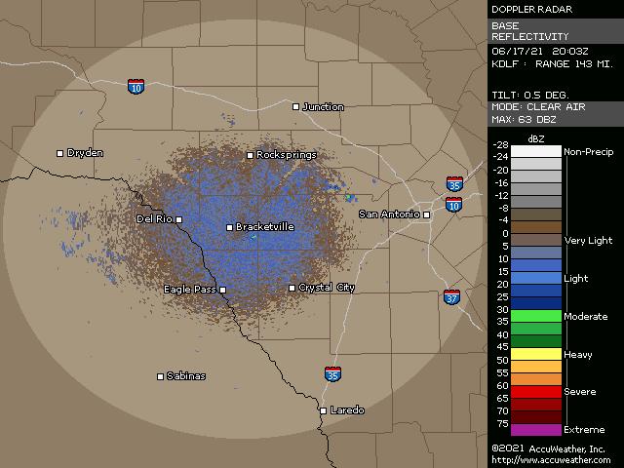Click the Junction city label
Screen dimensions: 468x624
pos(323,107)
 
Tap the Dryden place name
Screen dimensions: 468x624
pos(85,153)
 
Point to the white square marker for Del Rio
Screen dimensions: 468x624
pos(178,219)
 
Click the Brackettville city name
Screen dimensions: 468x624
pos(265,227)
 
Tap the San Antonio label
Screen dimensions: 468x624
pos(388,214)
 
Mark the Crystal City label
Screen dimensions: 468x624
pos(327,288)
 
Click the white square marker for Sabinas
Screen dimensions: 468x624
pos(161,376)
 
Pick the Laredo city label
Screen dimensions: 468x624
pos(347,410)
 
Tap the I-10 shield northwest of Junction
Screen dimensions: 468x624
pos(135,87)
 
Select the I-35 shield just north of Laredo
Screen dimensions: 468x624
pos(333,373)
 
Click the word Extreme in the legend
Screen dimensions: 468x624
pos(584,430)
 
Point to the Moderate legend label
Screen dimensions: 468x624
pos(585,317)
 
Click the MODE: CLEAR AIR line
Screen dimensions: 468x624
pos(538,106)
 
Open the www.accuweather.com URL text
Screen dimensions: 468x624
pos(551,460)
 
